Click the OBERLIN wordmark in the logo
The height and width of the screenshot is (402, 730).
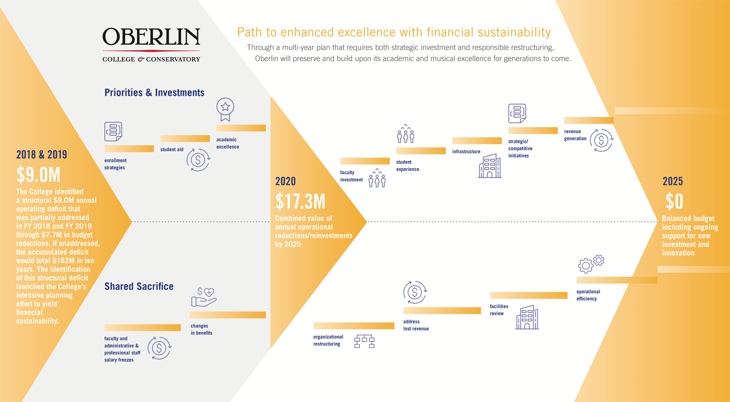click(151, 37)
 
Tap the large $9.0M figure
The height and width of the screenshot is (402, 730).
click(38, 175)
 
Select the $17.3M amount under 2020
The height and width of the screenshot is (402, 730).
click(300, 201)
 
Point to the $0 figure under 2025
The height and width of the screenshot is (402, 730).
click(674, 201)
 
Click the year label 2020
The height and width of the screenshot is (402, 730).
click(285, 181)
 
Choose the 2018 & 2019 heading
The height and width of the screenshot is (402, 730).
click(42, 155)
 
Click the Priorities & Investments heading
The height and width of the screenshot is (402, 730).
click(154, 93)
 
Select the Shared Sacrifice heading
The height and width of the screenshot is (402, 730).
click(139, 286)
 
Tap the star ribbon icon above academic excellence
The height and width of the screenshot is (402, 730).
click(225, 109)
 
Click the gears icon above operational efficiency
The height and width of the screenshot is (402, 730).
click(591, 264)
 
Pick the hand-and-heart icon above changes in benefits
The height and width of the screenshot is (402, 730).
click(203, 297)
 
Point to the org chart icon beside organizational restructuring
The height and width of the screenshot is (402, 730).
click(364, 341)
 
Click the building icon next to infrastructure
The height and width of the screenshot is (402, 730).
click(490, 166)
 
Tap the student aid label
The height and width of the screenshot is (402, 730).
click(172, 149)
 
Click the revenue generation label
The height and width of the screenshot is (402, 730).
click(575, 135)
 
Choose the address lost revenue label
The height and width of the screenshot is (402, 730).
click(416, 325)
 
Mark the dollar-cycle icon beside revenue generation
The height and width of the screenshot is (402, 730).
click(601, 140)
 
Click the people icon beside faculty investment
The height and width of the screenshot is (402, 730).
click(377, 178)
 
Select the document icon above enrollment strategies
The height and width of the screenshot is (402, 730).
click(113, 132)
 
